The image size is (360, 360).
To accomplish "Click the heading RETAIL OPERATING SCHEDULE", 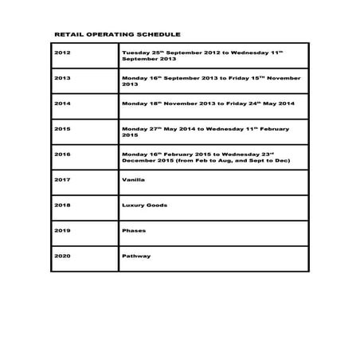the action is pyautogui.click(x=116, y=36).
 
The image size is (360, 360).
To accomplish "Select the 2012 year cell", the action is pyautogui.click(x=62, y=53).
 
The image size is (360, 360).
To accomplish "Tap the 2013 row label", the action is pyautogui.click(x=62, y=78).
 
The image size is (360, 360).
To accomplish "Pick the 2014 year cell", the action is pyautogui.click(x=62, y=104).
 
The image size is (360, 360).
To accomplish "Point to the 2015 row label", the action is pyautogui.click(x=62, y=128).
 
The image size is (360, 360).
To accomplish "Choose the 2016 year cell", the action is pyautogui.click(x=62, y=154).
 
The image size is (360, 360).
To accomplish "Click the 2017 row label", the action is pyautogui.click(x=62, y=179).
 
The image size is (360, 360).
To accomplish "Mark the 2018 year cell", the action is pyautogui.click(x=62, y=205).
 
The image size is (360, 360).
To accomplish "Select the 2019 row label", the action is pyautogui.click(x=62, y=230).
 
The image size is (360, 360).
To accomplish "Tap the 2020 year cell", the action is pyautogui.click(x=62, y=256).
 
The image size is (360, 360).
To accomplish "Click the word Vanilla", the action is pyautogui.click(x=133, y=179).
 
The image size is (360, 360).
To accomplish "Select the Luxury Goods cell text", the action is pyautogui.click(x=144, y=205).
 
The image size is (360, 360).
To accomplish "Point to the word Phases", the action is pyautogui.click(x=133, y=230).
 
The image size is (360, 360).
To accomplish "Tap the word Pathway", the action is pyautogui.click(x=135, y=256).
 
